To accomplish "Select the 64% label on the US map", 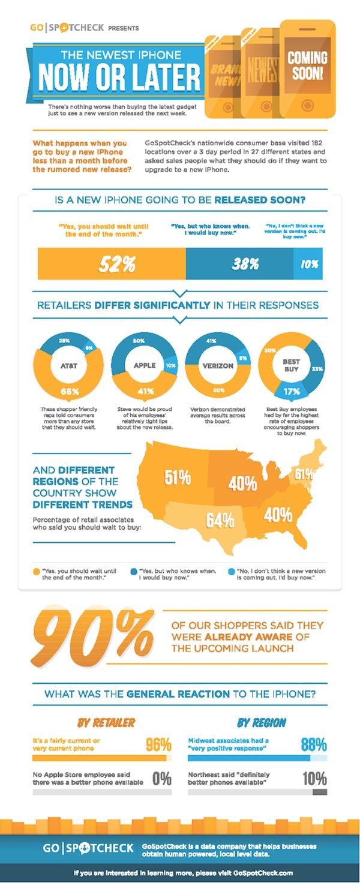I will [x=220, y=519].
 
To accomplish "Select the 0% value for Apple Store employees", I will [x=162, y=779].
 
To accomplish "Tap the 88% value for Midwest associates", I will [x=313, y=745].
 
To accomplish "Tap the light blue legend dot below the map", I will [x=232, y=571].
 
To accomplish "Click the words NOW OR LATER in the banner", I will [x=119, y=77].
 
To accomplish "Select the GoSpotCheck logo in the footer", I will [x=88, y=848].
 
